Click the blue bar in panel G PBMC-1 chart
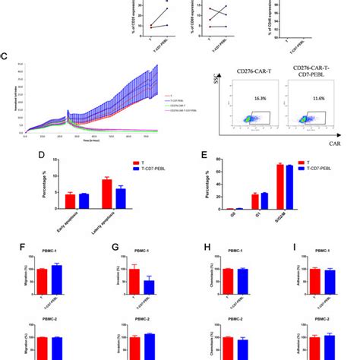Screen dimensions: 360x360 pos(149,286)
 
